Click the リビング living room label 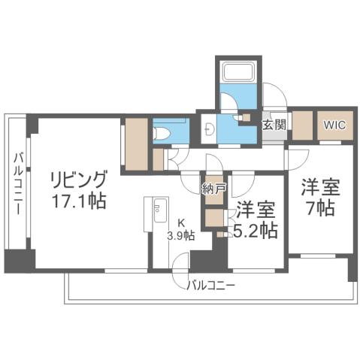78,181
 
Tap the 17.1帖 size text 78,201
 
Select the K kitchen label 180,222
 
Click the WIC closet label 334,125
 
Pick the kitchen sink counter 159,213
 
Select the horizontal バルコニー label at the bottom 211,286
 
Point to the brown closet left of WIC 303,126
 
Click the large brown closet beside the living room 137,144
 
